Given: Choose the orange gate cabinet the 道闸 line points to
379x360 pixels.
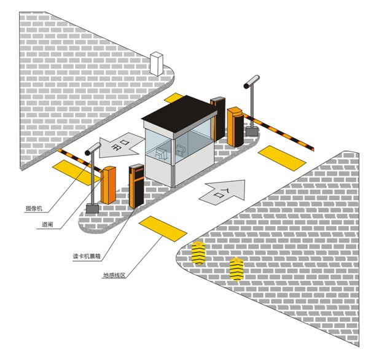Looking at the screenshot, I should [109, 185].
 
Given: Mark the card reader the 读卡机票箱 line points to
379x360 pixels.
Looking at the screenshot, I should [136, 185].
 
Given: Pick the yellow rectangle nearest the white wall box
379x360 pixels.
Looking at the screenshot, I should [174, 98].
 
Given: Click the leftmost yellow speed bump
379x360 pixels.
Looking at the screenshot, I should [198, 253].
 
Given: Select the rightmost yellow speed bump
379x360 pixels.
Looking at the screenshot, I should [236, 268].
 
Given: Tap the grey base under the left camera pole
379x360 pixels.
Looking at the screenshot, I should [92, 208].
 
